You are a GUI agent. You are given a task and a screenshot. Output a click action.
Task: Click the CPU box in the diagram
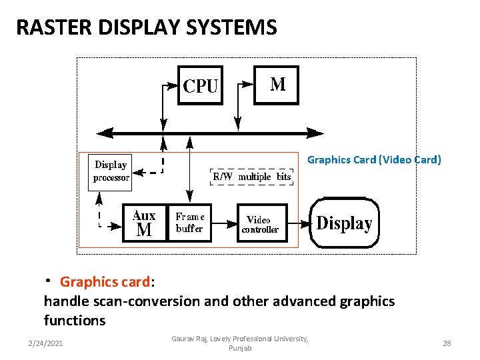click(201, 85)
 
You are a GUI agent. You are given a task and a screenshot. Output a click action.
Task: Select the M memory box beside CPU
click(277, 85)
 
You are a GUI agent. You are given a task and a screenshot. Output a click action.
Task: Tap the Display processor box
click(111, 171)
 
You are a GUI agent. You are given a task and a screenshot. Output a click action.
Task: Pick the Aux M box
click(144, 223)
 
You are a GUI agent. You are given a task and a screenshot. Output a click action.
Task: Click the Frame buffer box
click(190, 223)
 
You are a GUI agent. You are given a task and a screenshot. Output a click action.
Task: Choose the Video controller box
click(263, 223)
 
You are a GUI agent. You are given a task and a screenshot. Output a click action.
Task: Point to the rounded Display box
click(345, 223)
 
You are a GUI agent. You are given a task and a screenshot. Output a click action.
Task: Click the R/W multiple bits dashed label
click(252, 177)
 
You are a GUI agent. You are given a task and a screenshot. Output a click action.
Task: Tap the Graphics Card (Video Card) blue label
click(373, 159)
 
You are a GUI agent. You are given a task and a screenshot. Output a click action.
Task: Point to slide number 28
click(447, 343)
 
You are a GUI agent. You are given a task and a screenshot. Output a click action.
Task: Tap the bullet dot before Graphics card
click(49, 279)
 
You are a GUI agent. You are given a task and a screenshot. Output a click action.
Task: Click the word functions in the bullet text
click(75, 321)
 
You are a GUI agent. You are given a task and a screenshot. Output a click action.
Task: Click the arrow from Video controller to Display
click(300, 223)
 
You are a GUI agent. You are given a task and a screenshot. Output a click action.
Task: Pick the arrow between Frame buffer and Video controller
click(225, 223)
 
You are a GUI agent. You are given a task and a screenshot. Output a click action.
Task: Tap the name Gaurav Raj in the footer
click(190, 339)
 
